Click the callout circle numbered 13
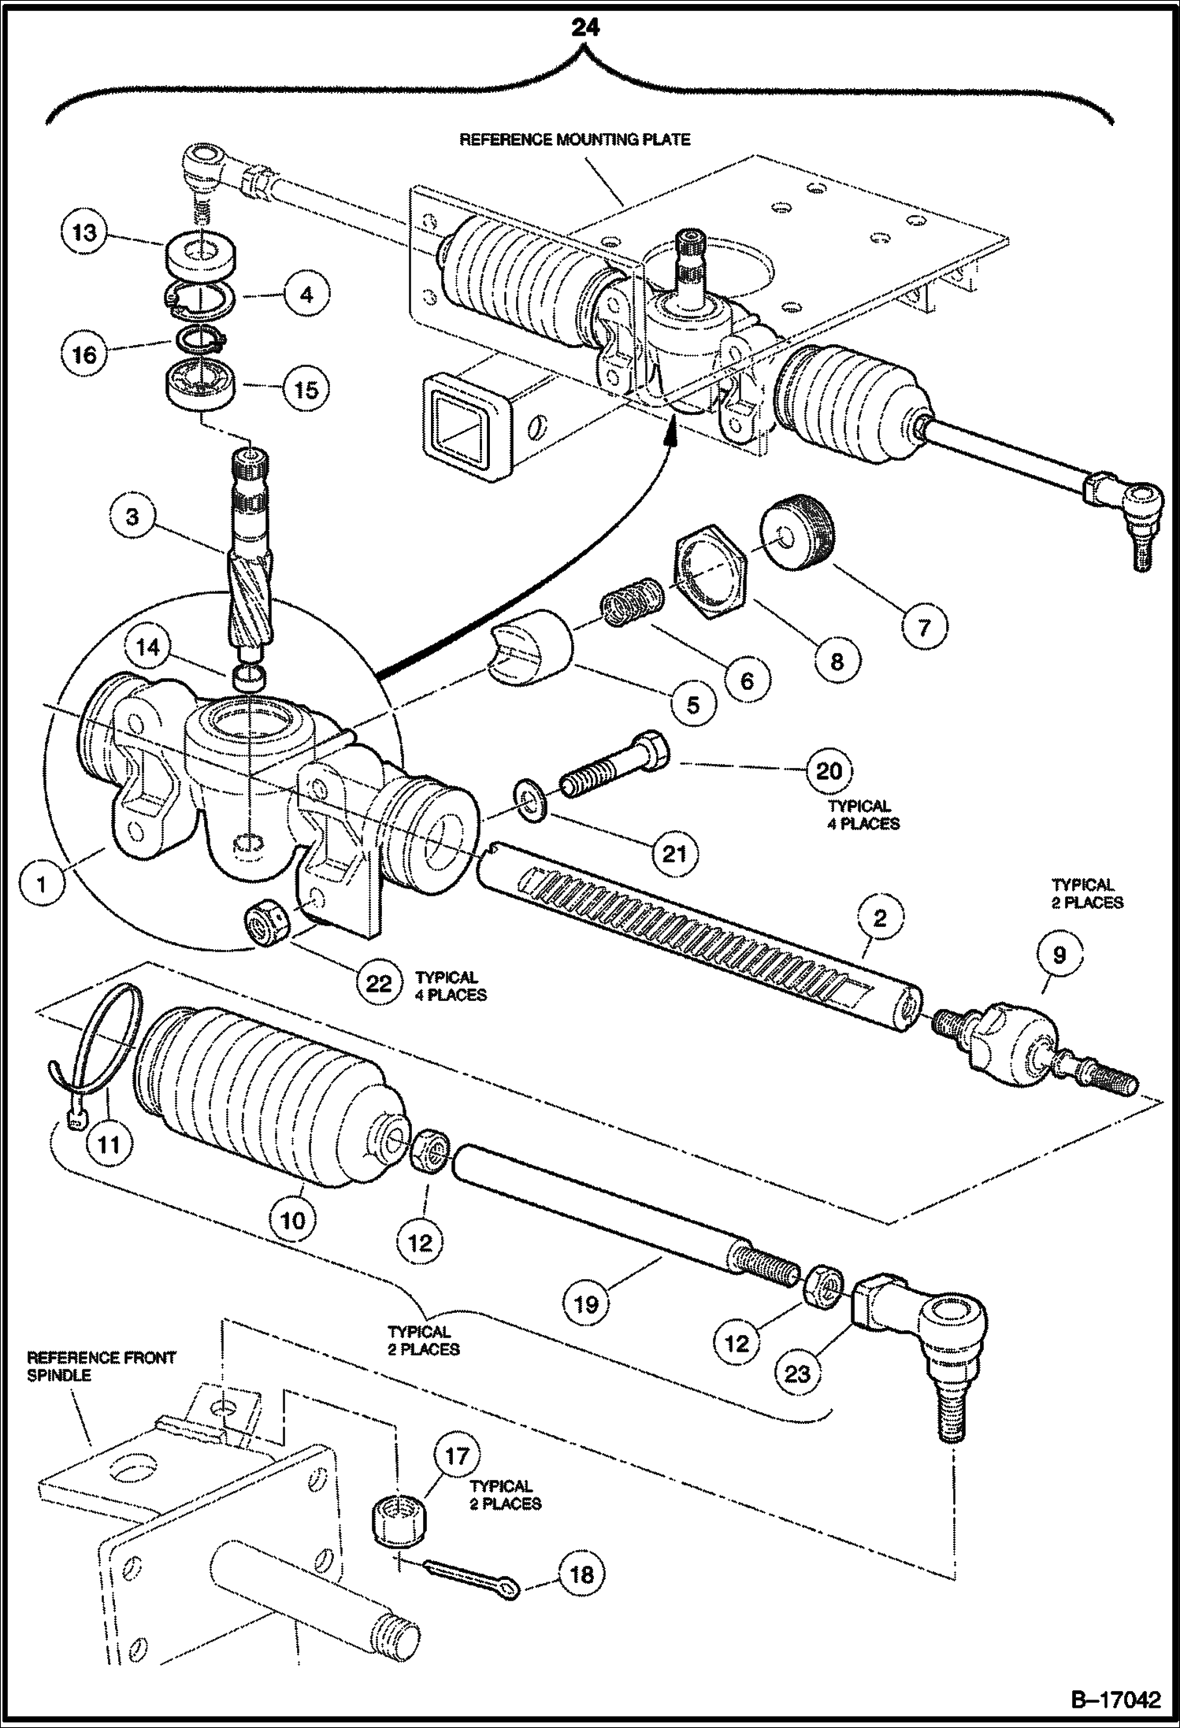pyautogui.click(x=85, y=233)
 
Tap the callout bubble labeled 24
pyautogui.click(x=585, y=28)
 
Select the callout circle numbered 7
pyautogui.click(x=924, y=627)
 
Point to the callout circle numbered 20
pyautogui.click(x=829, y=771)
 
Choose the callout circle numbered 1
pyautogui.click(x=42, y=883)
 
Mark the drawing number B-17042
pyautogui.click(x=1115, y=1699)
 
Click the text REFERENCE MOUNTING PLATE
pyautogui.click(x=575, y=140)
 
